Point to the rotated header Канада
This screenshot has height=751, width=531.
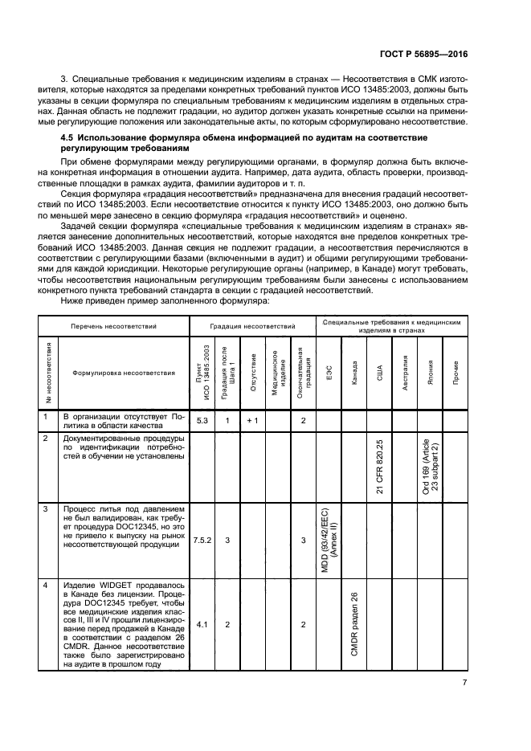(354, 373)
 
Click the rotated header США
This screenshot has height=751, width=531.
(380, 373)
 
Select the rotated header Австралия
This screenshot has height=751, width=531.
(406, 373)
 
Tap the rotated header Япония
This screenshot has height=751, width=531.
(431, 373)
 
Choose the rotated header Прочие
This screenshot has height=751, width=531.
(455, 373)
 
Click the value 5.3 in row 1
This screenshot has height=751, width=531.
(202, 420)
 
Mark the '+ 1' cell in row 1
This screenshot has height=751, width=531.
(252, 420)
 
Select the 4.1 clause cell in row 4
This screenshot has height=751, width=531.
(202, 623)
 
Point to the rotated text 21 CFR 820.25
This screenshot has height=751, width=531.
(380, 466)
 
